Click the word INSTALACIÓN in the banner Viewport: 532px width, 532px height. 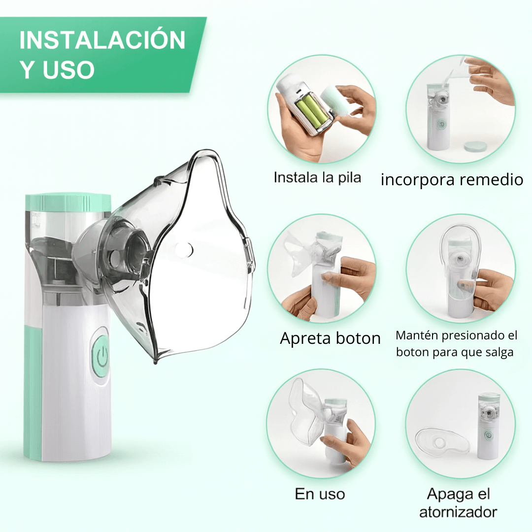pos(102,39)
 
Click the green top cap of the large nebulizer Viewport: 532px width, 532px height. pos(68,202)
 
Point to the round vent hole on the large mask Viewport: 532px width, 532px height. pos(184,250)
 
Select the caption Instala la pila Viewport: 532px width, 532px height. pos(317,177)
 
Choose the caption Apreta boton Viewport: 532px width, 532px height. pos(330,338)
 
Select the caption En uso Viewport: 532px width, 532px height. pos(320,494)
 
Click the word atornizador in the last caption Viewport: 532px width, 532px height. pos(458,512)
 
